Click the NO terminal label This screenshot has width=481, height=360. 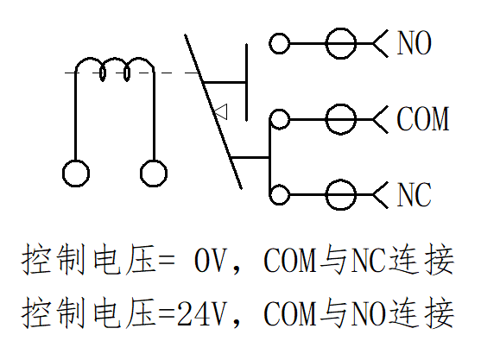pos(415,43)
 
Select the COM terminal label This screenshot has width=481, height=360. pos(423,119)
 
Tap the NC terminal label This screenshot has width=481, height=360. pos(415,194)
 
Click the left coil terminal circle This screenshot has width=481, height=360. pos(76,173)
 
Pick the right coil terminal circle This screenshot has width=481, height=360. pos(154,173)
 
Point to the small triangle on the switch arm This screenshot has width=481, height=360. pos(221,111)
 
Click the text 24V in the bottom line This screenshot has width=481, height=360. pos(203,313)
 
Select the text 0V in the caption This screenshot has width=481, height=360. pos(211,261)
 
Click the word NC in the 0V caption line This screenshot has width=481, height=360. pos(368,261)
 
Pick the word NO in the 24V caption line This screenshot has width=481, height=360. pos(368,313)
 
